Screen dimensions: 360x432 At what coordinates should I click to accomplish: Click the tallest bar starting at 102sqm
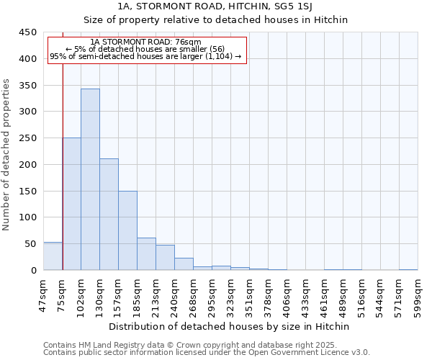pos(90,179)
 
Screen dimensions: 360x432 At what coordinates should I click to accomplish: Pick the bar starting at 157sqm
pos(127,230)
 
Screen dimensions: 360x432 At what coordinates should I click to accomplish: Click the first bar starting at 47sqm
pos(53,256)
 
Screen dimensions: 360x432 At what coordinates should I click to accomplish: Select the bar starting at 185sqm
pos(146,254)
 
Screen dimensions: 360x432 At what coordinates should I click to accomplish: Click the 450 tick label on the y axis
pos(27,32)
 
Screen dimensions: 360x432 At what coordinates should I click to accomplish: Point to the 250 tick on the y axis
pos(27,138)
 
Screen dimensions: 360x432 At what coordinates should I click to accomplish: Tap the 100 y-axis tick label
pos(27,217)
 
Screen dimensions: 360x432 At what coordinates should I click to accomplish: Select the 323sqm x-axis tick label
pos(231,294)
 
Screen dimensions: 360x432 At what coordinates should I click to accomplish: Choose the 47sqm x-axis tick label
pos(44,293)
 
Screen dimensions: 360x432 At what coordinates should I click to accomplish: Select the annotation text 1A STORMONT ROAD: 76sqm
pos(147,42)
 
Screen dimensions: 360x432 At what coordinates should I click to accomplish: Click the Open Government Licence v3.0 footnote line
pos(207,352)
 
